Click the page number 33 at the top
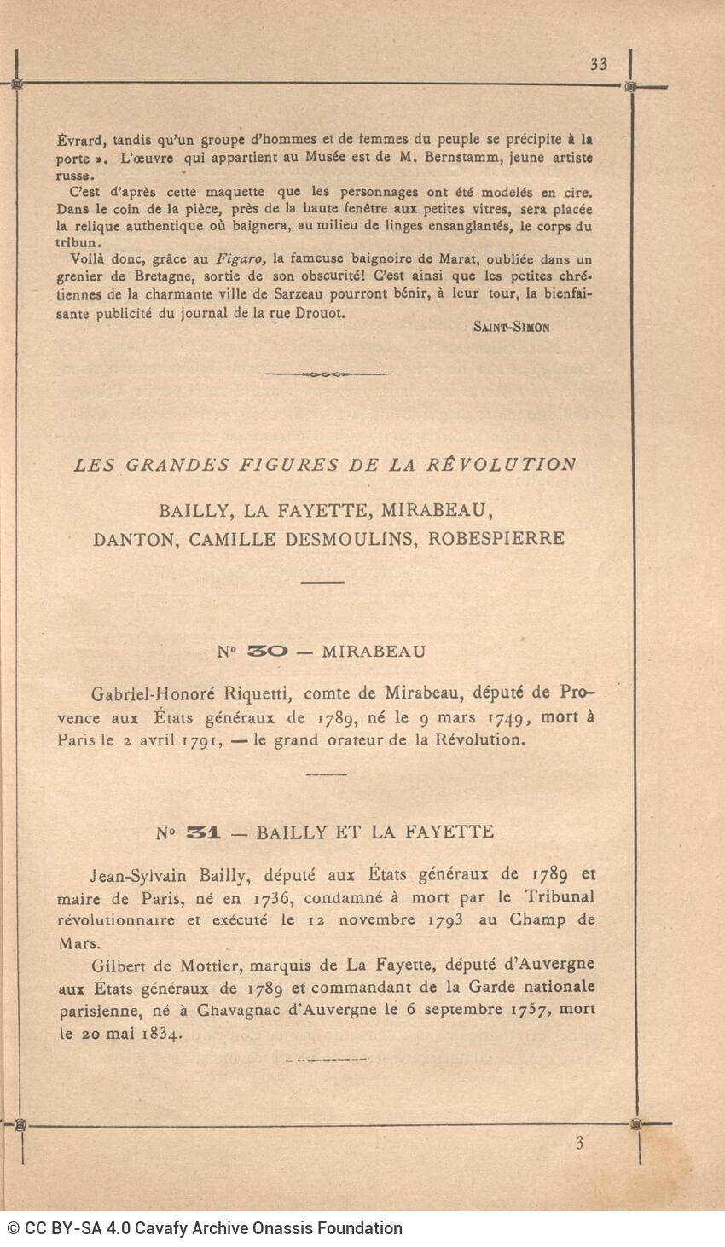pyautogui.click(x=598, y=64)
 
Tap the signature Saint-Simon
pyautogui.click(x=511, y=327)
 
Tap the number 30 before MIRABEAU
pyautogui.click(x=267, y=652)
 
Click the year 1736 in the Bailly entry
pyautogui.click(x=274, y=898)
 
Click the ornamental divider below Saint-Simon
pyautogui.click(x=327, y=374)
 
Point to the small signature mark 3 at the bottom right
pyautogui.click(x=579, y=1144)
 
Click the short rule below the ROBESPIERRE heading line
pyautogui.click(x=323, y=582)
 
